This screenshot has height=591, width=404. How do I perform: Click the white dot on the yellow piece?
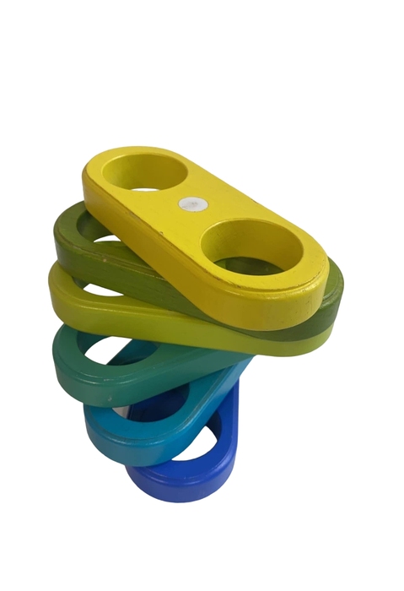click(x=191, y=203)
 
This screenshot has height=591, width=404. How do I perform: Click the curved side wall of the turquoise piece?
click(x=118, y=447)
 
